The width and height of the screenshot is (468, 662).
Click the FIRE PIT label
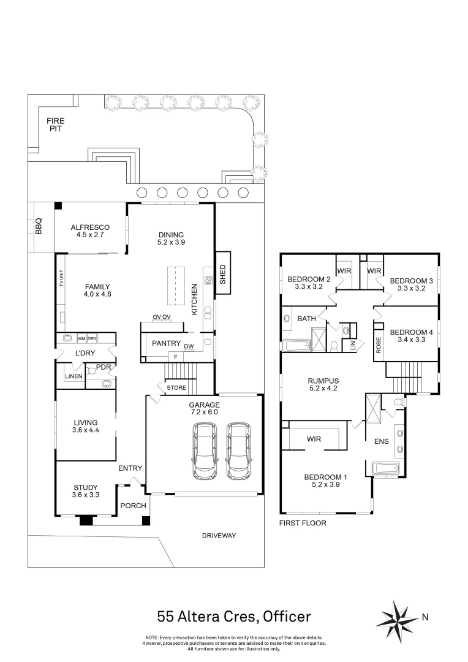pos(56,125)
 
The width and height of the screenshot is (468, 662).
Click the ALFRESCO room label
pos(89,227)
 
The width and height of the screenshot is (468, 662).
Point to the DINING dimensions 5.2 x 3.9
pos(170,242)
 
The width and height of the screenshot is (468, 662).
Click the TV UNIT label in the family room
pos(61,279)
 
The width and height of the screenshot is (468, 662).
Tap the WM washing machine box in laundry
pos(81,338)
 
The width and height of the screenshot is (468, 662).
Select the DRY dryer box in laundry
pos(92,338)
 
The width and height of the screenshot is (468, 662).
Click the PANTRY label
pos(166,343)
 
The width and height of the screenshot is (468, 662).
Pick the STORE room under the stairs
pos(176,387)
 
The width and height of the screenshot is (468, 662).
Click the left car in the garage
pos(203,451)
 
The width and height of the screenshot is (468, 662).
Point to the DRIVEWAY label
pos(219,536)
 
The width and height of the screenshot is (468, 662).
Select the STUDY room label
pos(86,488)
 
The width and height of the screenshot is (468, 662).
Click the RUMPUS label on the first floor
pos(323,381)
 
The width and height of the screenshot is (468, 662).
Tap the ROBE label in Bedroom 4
pos(378,344)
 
